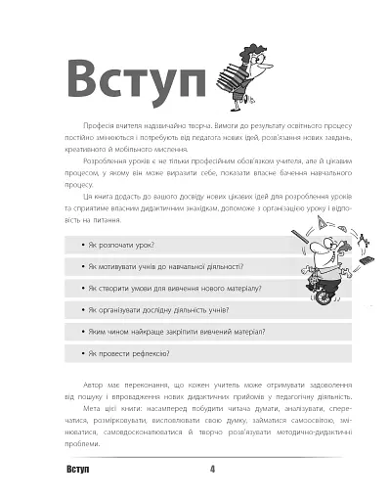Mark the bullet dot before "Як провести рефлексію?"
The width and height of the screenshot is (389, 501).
click(x=80, y=353)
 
